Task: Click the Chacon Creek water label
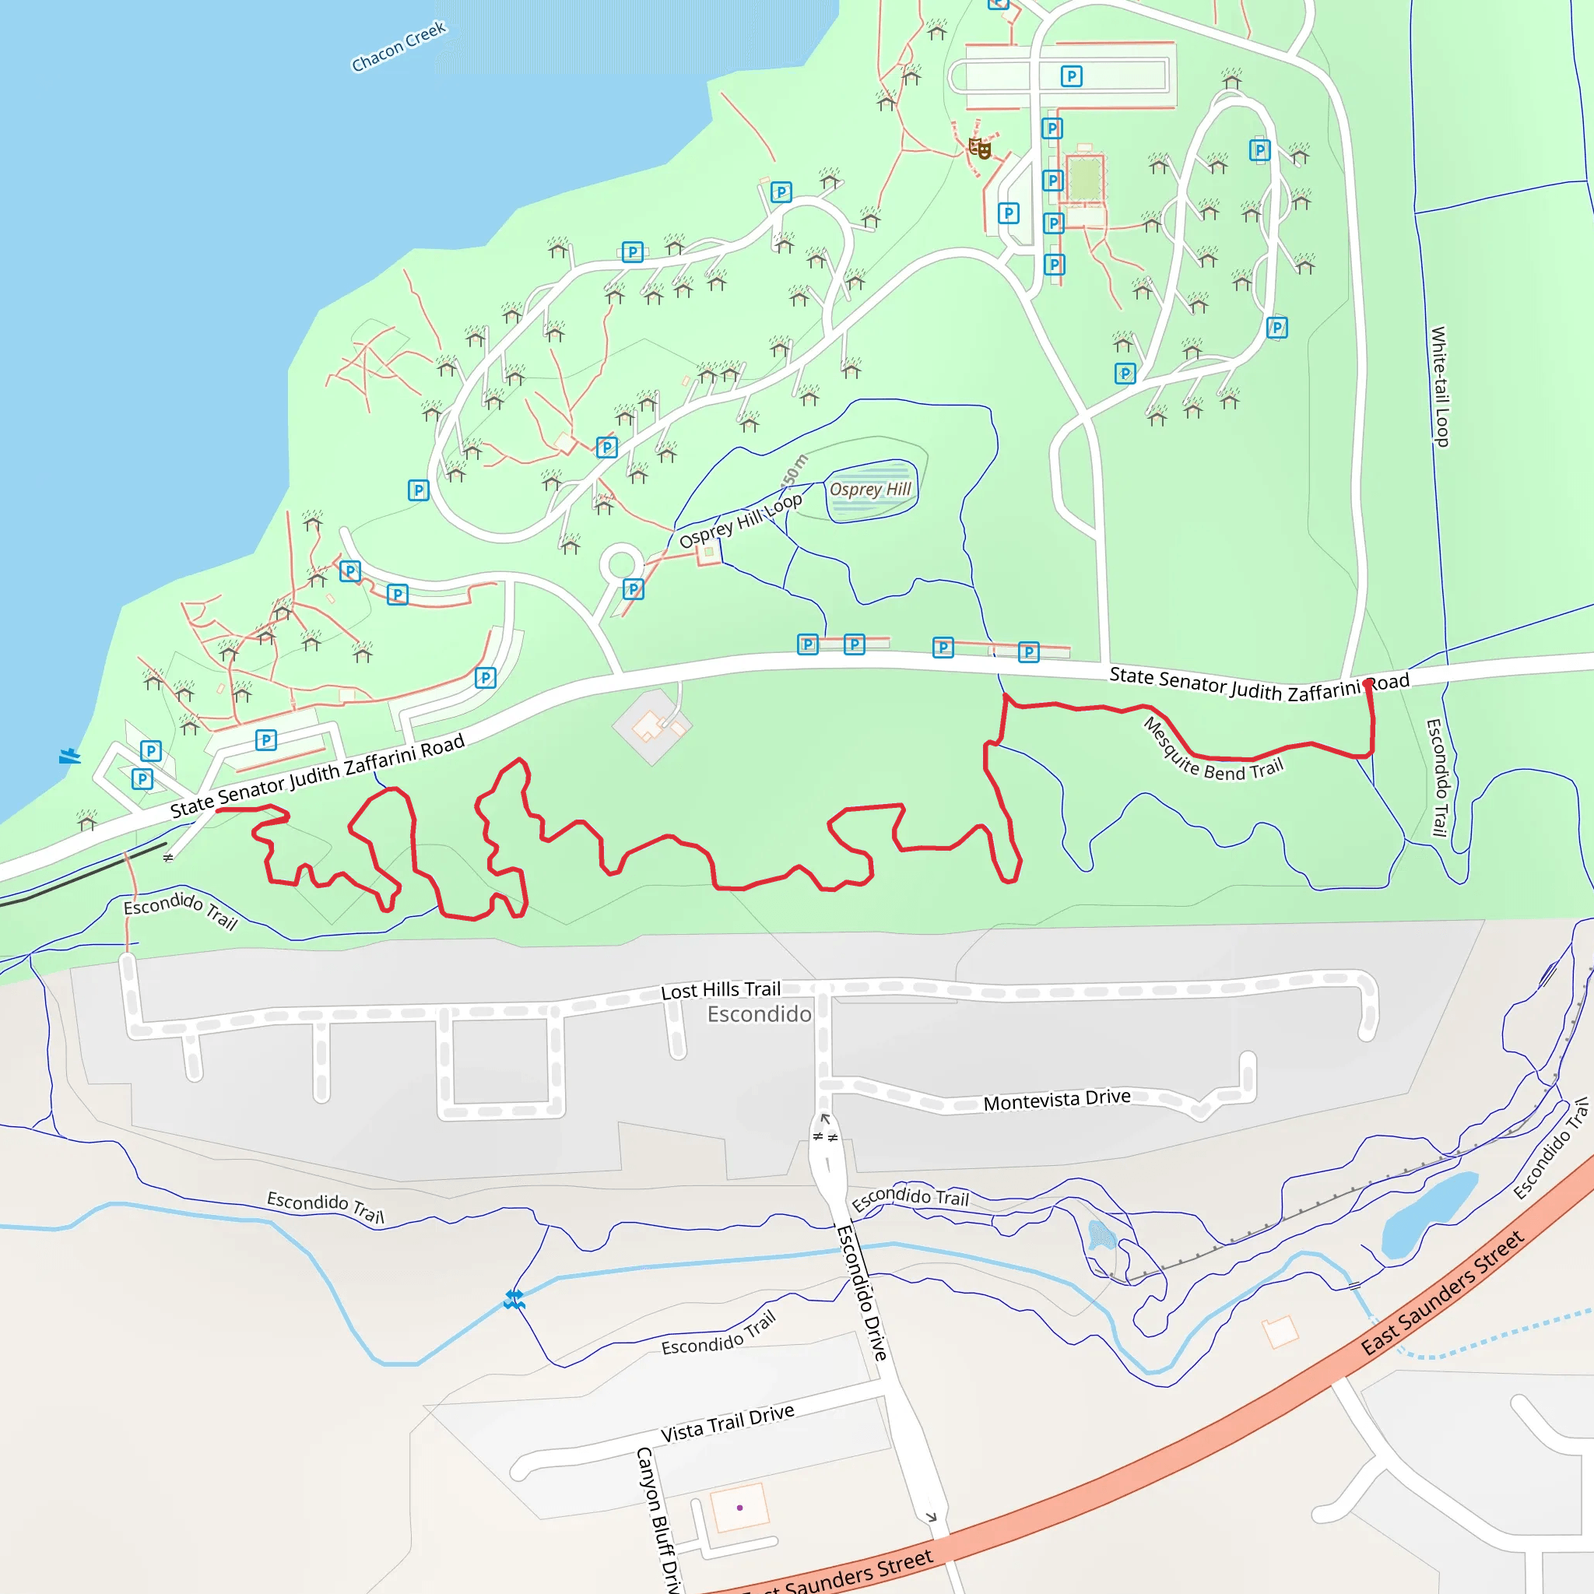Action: (398, 47)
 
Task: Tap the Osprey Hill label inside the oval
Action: (870, 490)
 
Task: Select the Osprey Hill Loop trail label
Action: (740, 521)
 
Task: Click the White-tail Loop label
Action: (1439, 386)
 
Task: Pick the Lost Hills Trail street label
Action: (720, 990)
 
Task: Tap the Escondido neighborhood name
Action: (759, 1014)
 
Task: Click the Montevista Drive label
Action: (1057, 1100)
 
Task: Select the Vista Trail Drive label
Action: (727, 1423)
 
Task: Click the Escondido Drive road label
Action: (862, 1292)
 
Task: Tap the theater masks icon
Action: (979, 149)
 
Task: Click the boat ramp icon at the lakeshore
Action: (69, 756)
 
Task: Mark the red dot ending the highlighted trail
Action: (1369, 684)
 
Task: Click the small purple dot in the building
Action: (740, 1508)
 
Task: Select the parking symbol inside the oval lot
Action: (1071, 77)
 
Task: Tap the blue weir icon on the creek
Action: (514, 1301)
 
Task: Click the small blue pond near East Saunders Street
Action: (1430, 1213)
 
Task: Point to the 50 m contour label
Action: (795, 469)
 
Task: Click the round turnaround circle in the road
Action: (620, 565)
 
